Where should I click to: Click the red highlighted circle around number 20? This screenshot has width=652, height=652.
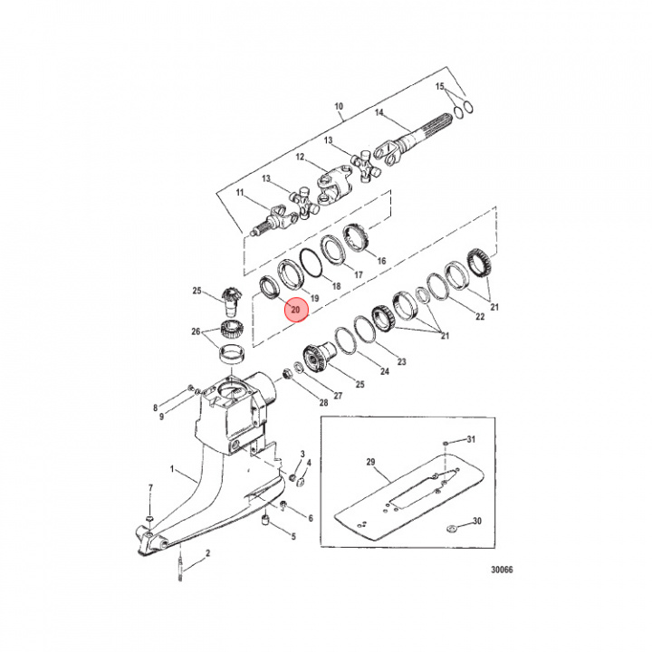point(297,310)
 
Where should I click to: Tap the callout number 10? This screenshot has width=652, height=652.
point(340,105)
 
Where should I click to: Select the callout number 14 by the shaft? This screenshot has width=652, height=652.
point(380,113)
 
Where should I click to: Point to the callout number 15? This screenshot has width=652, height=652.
point(441,86)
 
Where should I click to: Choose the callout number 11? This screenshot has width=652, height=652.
point(240,193)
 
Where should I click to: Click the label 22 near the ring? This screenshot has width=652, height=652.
point(480,316)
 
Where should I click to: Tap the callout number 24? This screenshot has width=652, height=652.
point(384,371)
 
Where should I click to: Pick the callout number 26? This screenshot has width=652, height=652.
point(197,331)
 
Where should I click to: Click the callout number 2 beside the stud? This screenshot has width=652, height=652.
point(207,551)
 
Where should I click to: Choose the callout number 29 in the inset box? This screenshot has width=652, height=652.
point(370,462)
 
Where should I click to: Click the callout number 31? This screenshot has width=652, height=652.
point(471,439)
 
